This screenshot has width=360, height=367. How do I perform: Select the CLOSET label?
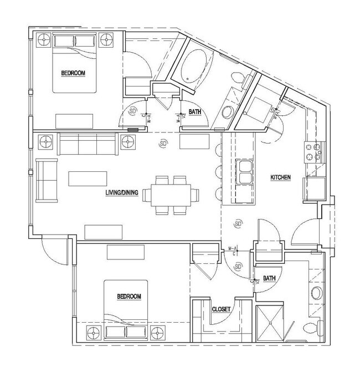(x=222, y=309)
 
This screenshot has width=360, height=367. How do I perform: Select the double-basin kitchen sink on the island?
(x=244, y=171)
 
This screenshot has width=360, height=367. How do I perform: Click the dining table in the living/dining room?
(x=171, y=195)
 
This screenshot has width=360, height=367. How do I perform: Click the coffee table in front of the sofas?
(x=88, y=179)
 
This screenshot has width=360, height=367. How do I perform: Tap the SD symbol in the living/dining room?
(x=163, y=144)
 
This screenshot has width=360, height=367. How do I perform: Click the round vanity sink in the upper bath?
(x=228, y=113)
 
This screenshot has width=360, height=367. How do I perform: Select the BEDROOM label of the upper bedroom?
(x=73, y=73)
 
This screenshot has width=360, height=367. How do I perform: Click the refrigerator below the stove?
(x=310, y=189)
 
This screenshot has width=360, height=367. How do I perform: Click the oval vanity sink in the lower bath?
(x=317, y=293)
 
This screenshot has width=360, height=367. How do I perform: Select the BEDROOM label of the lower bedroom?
(x=129, y=297)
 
